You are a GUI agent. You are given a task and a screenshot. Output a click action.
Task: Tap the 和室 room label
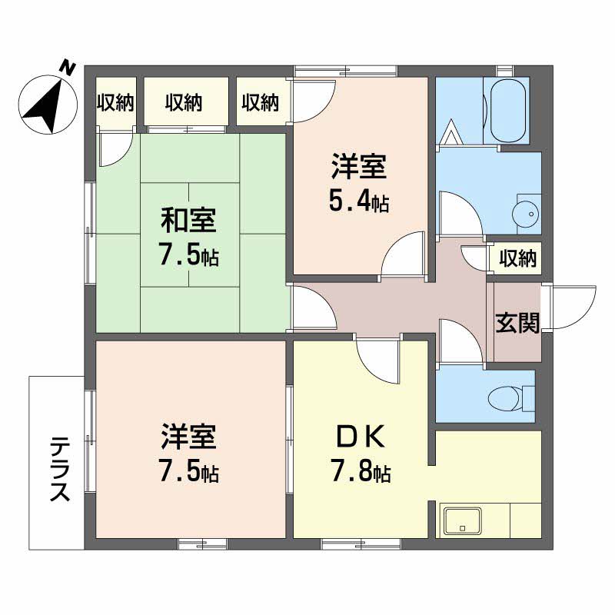point(189,221)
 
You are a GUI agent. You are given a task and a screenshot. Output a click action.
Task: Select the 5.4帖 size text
point(359,203)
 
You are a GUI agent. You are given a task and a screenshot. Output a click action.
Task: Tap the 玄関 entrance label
point(516,324)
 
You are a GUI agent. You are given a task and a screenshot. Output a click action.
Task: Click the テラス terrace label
point(58,468)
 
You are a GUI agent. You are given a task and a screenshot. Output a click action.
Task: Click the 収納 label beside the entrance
point(517,259)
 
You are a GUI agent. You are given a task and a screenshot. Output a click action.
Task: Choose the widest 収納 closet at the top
point(185,102)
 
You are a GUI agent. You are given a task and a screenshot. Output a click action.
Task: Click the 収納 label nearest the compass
point(115,102)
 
